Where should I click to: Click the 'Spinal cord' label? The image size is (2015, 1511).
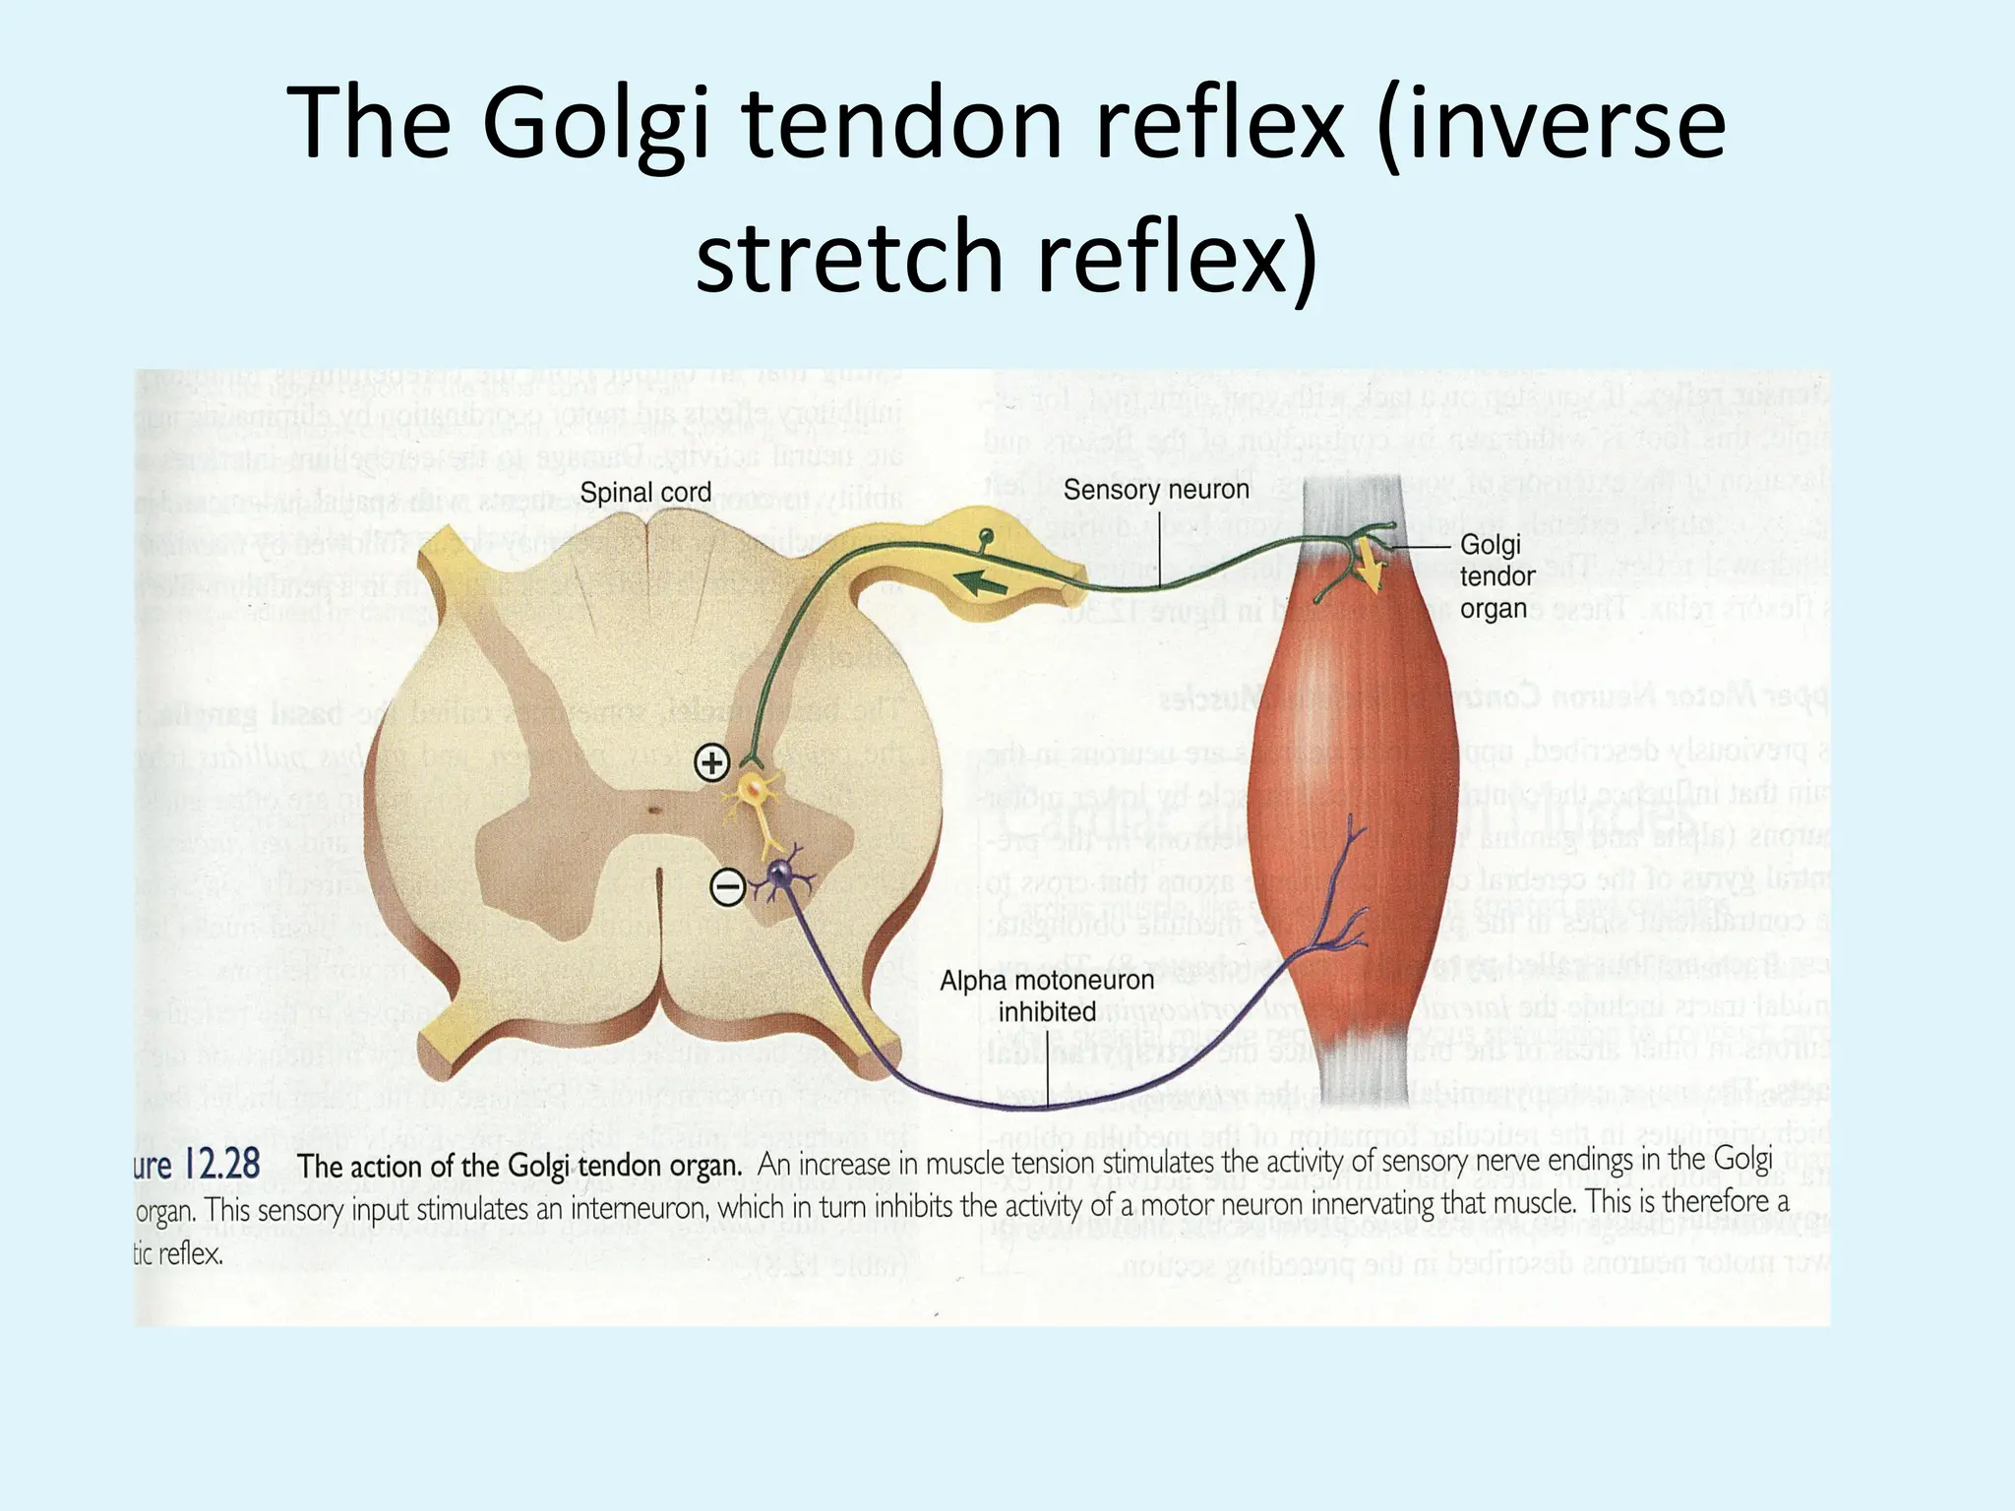click(x=644, y=493)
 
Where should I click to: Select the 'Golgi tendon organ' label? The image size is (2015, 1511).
click(x=1496, y=576)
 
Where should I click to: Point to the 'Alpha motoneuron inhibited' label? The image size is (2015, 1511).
click(x=1047, y=996)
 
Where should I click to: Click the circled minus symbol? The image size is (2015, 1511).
click(x=728, y=888)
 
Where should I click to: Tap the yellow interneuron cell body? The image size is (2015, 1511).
click(x=754, y=787)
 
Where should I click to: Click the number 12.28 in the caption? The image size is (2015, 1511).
click(x=222, y=1165)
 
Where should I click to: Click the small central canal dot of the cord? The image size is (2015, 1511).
click(x=652, y=811)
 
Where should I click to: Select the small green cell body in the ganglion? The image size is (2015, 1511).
click(x=985, y=536)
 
